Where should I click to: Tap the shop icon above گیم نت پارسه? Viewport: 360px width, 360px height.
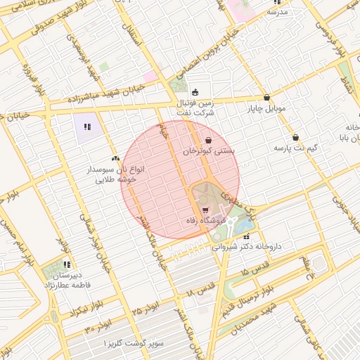[295, 137]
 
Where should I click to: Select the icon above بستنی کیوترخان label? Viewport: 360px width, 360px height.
[209, 140]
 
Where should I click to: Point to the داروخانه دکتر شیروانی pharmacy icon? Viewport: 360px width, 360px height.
[245, 236]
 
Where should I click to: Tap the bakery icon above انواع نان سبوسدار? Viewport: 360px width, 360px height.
[115, 159]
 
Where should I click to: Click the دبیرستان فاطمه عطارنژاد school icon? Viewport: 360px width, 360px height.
[67, 265]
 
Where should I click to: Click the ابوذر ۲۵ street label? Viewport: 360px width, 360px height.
[146, 308]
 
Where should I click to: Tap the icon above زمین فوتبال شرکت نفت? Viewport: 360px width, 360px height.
[195, 91]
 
